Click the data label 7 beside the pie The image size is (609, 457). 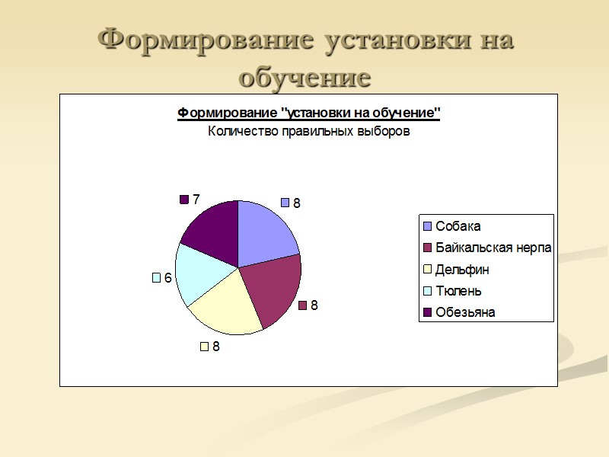click(196, 200)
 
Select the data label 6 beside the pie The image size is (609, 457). click(167, 278)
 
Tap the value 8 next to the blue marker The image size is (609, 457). click(297, 203)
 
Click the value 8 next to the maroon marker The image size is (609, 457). click(314, 305)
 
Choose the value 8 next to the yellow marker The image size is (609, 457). click(216, 347)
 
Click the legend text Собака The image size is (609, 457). click(458, 226)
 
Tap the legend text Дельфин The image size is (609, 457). click(462, 270)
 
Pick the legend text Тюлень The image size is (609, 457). click(458, 291)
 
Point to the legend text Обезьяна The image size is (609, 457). click(465, 312)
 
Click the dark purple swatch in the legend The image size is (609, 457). click(427, 312)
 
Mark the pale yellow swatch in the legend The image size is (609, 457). click(427, 270)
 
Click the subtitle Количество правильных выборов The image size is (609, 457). click(309, 131)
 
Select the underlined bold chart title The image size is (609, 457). click(309, 113)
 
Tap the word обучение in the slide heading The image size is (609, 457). click(304, 77)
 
